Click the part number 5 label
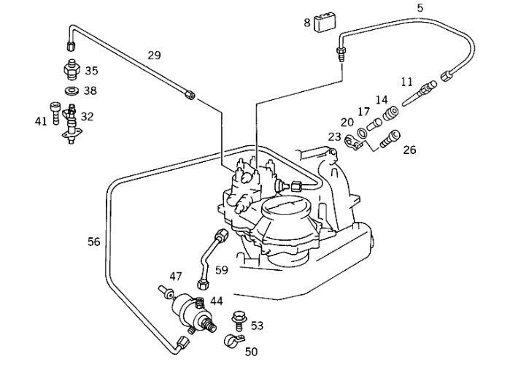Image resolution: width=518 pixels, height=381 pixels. coord(420,7)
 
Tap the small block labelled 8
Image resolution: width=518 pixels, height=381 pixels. coord(325,23)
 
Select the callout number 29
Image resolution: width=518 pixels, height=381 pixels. coord(154,55)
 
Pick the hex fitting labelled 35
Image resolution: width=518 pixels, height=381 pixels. coord(71,69)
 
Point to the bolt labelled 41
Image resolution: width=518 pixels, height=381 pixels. coord(55,112)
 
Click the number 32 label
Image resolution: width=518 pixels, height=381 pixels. coord(88,117)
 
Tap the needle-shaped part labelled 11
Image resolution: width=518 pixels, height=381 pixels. coord(420,93)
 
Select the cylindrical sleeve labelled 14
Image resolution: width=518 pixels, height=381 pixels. coord(390,113)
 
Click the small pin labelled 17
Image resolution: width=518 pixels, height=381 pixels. coord(374,124)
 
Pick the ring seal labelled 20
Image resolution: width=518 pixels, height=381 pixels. coord(361,133)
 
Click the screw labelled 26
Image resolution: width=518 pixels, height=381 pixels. coord(390,139)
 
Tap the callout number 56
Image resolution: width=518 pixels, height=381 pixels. coord(93,242)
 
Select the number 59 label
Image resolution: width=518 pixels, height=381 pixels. coord(222,270)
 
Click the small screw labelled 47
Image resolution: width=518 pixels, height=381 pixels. coord(166,292)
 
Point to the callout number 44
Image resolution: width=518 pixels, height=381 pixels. coord(217,301)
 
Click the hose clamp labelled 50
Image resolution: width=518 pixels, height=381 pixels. coord(233,341)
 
